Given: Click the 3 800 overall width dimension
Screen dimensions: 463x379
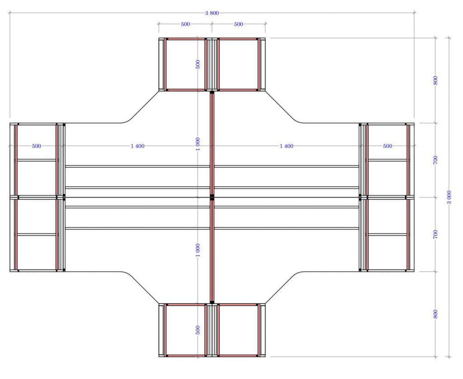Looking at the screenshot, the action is pos(212,13).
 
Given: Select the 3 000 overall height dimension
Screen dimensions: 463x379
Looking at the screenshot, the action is pos(449,197).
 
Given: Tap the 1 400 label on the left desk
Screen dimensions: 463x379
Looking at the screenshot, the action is pos(137,146).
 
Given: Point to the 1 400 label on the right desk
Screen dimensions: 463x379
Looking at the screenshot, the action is pos(286,146).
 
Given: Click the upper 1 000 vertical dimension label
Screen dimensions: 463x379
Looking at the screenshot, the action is pos(198,144).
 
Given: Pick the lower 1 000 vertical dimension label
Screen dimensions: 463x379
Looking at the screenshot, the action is pos(198,250).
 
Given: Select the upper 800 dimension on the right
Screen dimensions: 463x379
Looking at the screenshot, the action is pos(435,81).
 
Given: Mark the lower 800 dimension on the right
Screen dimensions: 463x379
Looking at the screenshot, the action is pos(435,314).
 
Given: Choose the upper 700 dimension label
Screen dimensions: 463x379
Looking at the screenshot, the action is pos(435,160).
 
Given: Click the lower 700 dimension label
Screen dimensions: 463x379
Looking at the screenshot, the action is pos(435,235).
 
